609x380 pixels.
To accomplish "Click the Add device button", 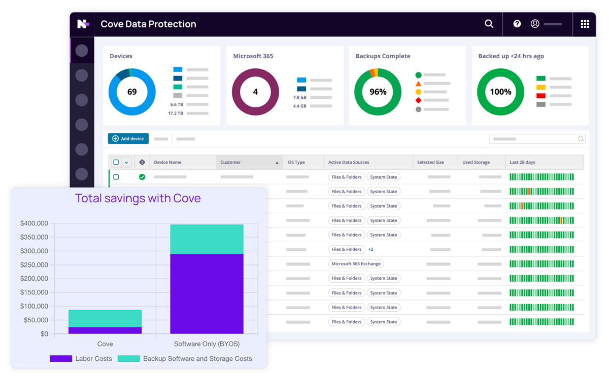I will click(128, 138).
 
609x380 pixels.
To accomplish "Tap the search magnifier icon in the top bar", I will click(489, 24).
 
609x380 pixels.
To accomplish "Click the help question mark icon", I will click(517, 24).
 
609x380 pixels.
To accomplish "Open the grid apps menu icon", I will click(585, 24).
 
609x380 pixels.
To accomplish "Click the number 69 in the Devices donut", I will click(132, 92).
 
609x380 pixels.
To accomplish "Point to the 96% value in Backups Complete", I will click(378, 92).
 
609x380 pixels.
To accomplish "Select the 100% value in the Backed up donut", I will click(500, 92).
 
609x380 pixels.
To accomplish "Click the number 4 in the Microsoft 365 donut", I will click(255, 92).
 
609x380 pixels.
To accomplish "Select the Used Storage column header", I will click(476, 162).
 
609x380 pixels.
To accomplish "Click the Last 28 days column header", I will click(523, 162).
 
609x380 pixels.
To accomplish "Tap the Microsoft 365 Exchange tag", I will click(356, 264).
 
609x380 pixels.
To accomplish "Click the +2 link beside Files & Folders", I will click(370, 249).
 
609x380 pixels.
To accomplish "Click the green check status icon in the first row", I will click(142, 177).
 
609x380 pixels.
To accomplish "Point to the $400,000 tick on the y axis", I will click(34, 223).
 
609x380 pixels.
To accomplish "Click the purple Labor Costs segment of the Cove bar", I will click(105, 330).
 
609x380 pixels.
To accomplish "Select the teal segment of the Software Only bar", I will click(207, 239).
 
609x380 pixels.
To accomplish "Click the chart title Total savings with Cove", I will click(138, 198).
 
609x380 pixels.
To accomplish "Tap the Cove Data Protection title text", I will click(148, 24).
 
